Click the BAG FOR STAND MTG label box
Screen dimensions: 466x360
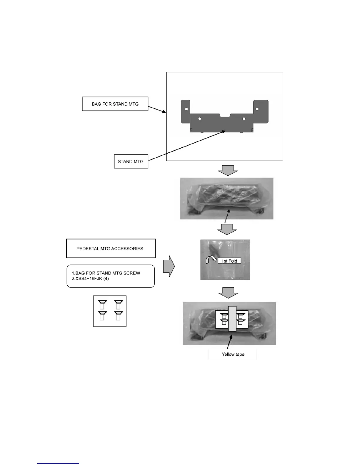(115, 104)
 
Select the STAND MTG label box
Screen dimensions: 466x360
(131, 162)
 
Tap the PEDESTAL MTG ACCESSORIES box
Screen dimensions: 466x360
(111, 249)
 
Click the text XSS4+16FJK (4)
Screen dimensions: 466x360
(90, 279)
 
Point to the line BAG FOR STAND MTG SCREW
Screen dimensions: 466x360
(106, 273)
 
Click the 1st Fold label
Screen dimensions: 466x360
(229, 261)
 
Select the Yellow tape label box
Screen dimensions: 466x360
(232, 354)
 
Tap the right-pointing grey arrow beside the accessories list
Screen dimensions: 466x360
(169, 266)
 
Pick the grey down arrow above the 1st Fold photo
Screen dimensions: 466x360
(227, 229)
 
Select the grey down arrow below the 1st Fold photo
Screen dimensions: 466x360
(228, 293)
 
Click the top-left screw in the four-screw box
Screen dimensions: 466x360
(102, 304)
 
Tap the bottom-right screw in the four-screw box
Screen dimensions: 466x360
(119, 315)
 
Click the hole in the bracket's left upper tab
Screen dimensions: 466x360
(186, 109)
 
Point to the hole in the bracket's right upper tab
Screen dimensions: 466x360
(257, 109)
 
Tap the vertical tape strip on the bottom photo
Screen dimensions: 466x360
(232, 322)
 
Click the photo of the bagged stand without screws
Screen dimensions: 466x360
(227, 198)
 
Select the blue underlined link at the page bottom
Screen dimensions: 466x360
(58, 464)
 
